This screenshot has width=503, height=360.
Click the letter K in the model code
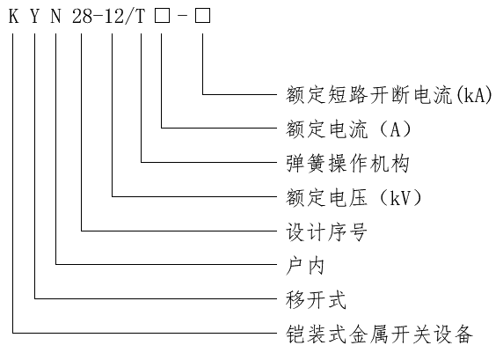coord(13,16)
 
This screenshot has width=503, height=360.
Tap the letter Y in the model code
coord(34,16)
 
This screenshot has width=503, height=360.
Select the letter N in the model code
coord(55,16)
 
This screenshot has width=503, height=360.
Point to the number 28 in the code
coord(82,16)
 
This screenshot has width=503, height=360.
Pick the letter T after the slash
coord(141,16)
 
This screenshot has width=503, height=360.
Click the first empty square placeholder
coord(162,16)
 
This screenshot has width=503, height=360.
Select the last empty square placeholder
coord(203,16)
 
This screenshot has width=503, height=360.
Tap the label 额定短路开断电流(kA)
coord(389,95)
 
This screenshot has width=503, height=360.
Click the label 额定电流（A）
coord(348,129)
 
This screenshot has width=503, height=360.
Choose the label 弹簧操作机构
coord(347,164)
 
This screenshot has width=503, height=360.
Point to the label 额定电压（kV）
coord(354,197)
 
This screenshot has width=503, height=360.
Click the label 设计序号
coord(326,231)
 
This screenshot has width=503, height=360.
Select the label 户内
coord(305,266)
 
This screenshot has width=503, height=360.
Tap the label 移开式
coord(316,300)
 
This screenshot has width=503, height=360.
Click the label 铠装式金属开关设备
coord(380,334)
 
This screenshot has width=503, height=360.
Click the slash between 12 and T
coord(129,16)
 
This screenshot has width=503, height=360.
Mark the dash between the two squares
coord(182,16)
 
